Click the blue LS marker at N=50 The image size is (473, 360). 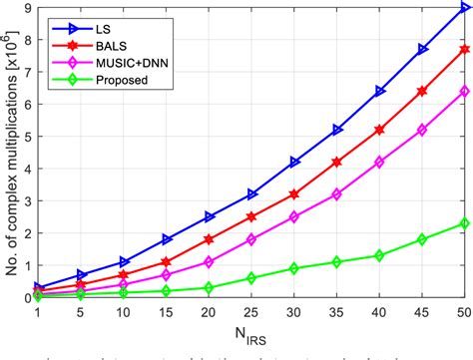[x=464, y=8]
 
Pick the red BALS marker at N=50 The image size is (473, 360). [x=464, y=50]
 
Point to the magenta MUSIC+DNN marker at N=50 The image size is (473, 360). [x=464, y=92]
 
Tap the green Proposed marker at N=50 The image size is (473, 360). [x=464, y=223]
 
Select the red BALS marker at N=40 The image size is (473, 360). [x=379, y=130]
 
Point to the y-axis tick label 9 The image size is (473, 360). [x=27, y=8]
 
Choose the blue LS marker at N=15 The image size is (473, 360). [x=167, y=239]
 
